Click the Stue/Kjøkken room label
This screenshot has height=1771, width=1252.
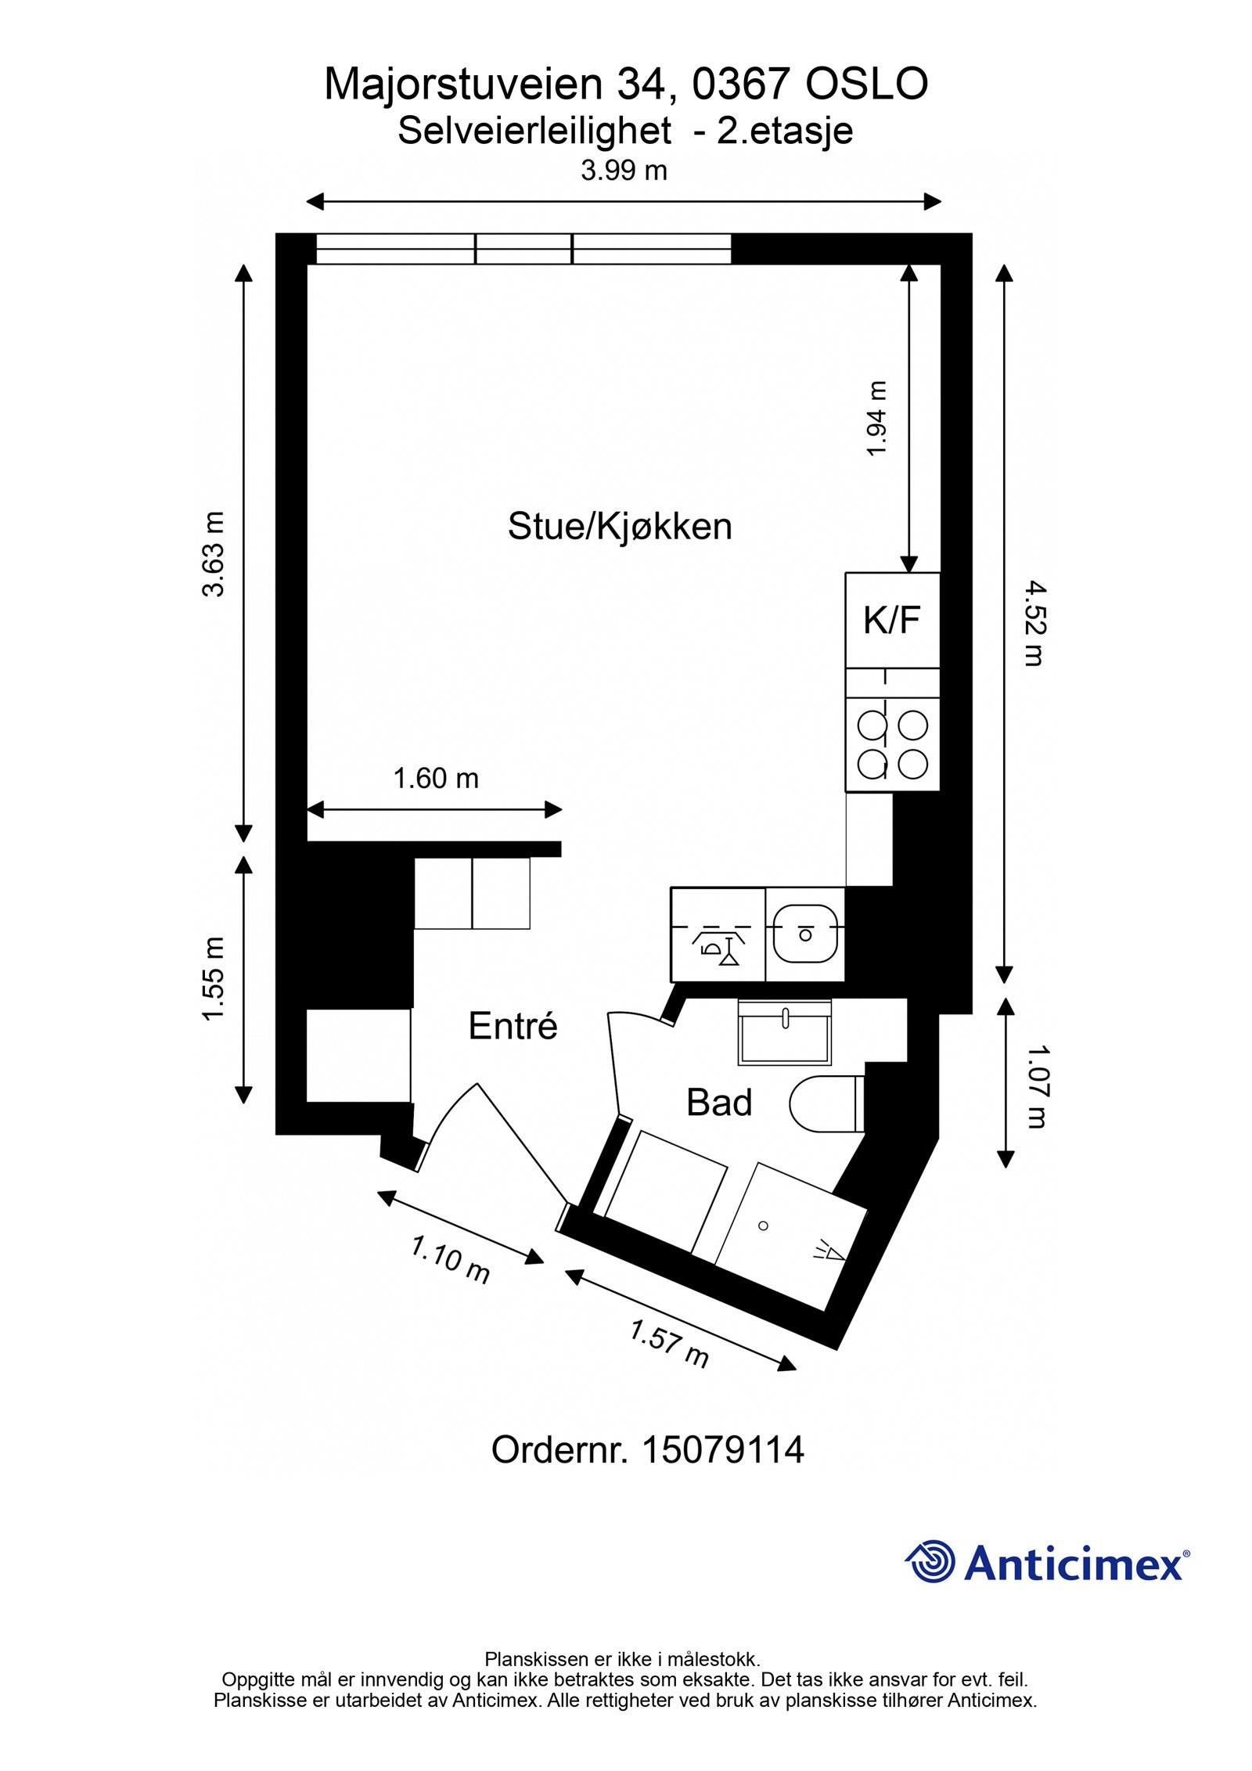pos(619,526)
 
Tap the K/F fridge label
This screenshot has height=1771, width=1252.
pos(891,621)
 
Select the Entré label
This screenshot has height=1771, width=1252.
pos(513,1026)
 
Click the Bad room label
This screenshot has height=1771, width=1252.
pos(718,1103)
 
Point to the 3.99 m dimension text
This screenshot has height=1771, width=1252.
pos(624,171)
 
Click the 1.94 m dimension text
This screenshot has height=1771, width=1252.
pos(877,419)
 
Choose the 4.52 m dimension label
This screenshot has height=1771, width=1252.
pos(1034,623)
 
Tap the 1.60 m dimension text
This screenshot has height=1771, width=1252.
pos(435,779)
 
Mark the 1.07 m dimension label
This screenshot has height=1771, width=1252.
pos(1035,1088)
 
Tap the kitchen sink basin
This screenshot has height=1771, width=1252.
pos(804,934)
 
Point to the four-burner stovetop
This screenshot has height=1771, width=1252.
pos(892,744)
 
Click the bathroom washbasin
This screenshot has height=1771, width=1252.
pos(784,1033)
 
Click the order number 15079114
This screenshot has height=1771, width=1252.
pos(722,1450)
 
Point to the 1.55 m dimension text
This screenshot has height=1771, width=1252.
pos(214,979)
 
